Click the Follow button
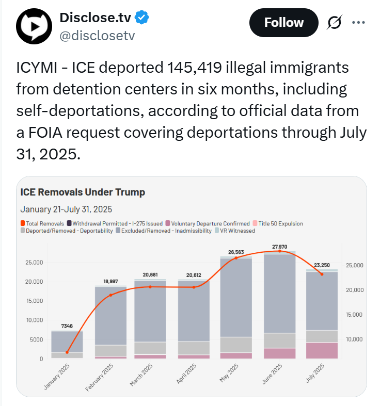tap(283, 23)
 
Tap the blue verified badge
tap(142, 18)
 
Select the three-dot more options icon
tap(358, 22)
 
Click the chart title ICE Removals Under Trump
tap(83, 192)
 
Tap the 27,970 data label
tap(279, 246)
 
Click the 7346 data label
tap(67, 327)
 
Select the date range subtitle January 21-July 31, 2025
tap(66, 209)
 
